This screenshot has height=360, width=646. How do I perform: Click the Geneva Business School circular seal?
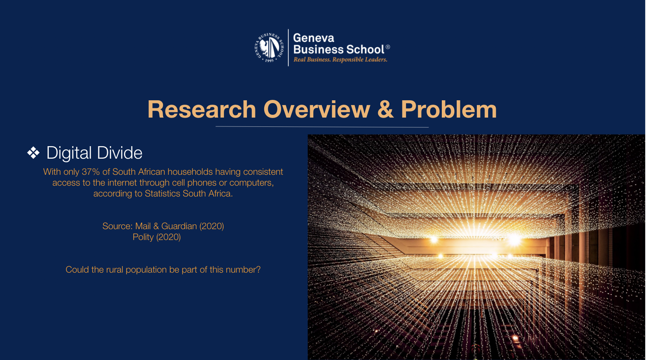[269, 48]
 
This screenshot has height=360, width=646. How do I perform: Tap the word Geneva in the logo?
[313, 38]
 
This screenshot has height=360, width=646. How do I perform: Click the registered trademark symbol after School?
[387, 47]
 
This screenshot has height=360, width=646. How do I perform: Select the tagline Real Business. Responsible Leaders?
[340, 60]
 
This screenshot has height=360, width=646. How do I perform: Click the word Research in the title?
[202, 110]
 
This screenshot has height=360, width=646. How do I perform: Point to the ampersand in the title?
[385, 110]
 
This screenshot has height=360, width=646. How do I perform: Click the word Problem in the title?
[449, 110]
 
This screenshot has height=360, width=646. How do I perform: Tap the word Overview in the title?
[317, 110]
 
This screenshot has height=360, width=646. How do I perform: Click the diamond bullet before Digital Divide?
[33, 153]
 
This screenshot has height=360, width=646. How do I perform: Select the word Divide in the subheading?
[120, 153]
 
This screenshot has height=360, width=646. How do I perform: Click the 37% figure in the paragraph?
[91, 172]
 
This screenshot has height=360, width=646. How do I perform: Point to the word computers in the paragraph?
[251, 183]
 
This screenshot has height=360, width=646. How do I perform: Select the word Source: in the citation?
[118, 226]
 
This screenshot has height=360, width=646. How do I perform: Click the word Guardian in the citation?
[179, 226]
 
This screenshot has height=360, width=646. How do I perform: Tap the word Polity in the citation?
[143, 237]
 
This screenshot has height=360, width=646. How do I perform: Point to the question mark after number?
[258, 270]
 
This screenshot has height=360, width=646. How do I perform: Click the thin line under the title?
[322, 126]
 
